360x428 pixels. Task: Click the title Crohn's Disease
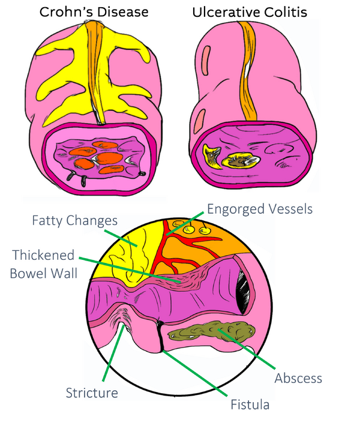point(94,12)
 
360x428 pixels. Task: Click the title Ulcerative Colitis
point(250,12)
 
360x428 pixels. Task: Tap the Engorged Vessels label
point(260,209)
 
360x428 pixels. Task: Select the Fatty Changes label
point(75,221)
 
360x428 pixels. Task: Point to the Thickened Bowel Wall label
point(44,264)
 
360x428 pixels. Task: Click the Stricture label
point(92,393)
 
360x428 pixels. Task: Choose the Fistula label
point(250,405)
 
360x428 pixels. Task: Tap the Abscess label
point(298,378)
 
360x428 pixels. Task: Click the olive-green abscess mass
point(212,331)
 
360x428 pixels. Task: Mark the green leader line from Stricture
point(113,352)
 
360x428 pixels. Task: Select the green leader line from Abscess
point(246,349)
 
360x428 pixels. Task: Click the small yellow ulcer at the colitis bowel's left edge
point(211,156)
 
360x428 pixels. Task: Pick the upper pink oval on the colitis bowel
point(206,61)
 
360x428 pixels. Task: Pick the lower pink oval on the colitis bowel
point(200,121)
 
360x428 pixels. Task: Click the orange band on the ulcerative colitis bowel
point(249,71)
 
